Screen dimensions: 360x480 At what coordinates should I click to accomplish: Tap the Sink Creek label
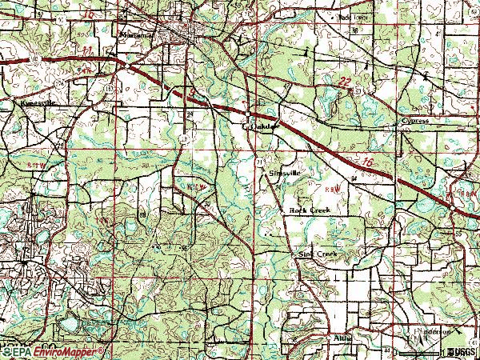click(x=317, y=254)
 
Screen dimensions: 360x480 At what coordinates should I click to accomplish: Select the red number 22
click(x=344, y=82)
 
